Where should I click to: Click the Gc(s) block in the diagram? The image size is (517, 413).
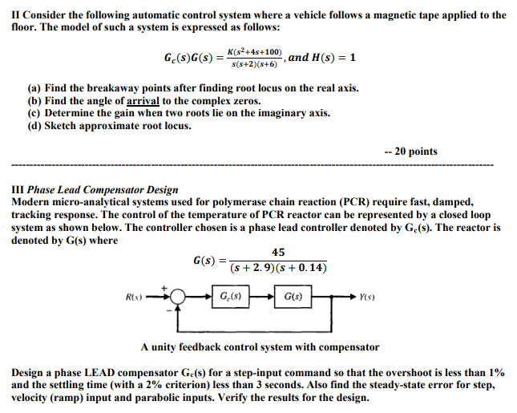point(227,298)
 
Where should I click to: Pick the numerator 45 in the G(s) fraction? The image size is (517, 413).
point(278,253)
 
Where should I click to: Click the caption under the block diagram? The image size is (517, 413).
point(260,347)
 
